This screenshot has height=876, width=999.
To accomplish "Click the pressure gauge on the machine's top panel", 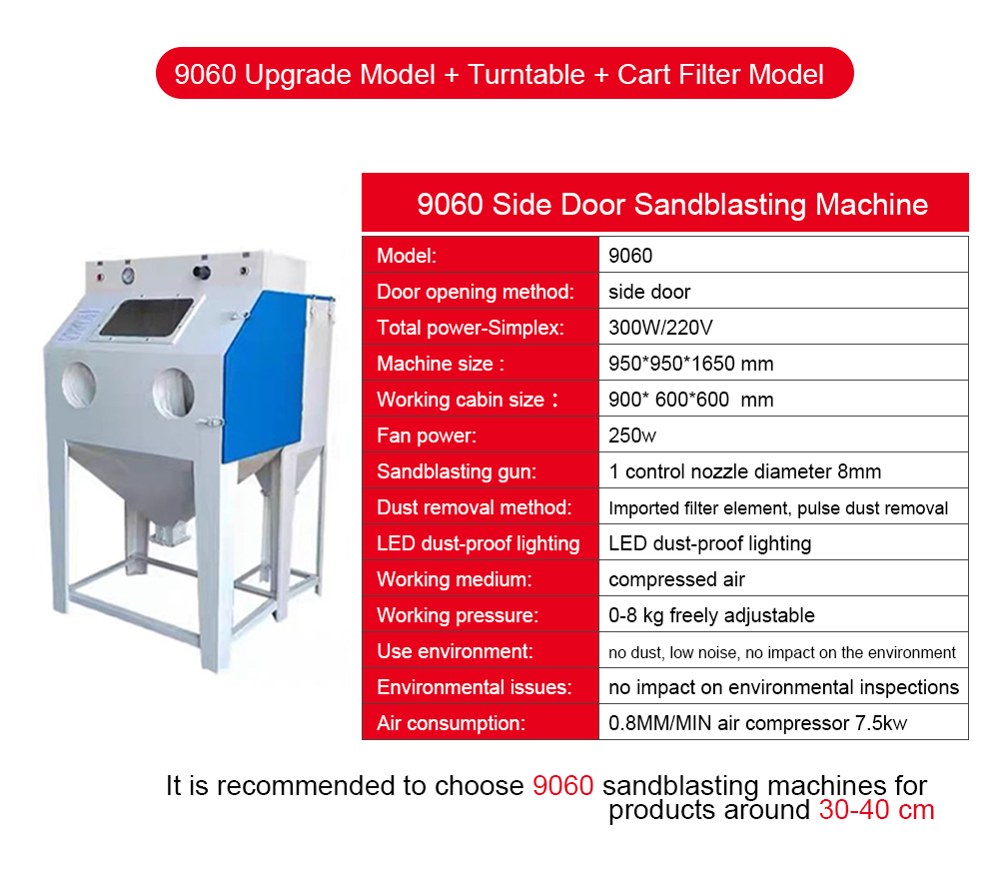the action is (x=129, y=276).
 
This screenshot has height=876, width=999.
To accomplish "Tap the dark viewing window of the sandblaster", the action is (x=147, y=318).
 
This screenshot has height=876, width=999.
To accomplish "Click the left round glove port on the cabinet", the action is (x=79, y=385).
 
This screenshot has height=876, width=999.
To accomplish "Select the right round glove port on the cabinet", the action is (x=173, y=394).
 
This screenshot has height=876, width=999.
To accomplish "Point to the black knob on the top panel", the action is (x=202, y=273).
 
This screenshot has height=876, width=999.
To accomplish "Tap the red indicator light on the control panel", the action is (x=100, y=278).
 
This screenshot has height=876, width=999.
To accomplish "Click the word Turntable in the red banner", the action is (x=526, y=75).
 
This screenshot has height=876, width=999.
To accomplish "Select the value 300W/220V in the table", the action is (x=660, y=328).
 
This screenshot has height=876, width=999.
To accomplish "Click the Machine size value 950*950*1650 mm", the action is (x=690, y=364).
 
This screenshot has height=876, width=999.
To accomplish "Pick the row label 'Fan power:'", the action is (x=427, y=436).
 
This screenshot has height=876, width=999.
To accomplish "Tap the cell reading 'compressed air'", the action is (x=676, y=579).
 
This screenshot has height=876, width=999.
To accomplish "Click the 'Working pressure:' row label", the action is (x=458, y=615).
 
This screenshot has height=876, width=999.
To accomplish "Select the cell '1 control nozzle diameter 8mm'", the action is (x=745, y=471).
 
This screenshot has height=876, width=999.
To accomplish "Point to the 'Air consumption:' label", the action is (x=452, y=723).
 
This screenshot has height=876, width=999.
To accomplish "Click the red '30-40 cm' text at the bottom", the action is (x=877, y=810).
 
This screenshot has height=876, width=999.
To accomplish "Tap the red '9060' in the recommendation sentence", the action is (x=563, y=785).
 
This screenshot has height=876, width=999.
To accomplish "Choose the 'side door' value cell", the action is (x=649, y=292).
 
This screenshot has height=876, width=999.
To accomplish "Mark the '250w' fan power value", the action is (x=632, y=436).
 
